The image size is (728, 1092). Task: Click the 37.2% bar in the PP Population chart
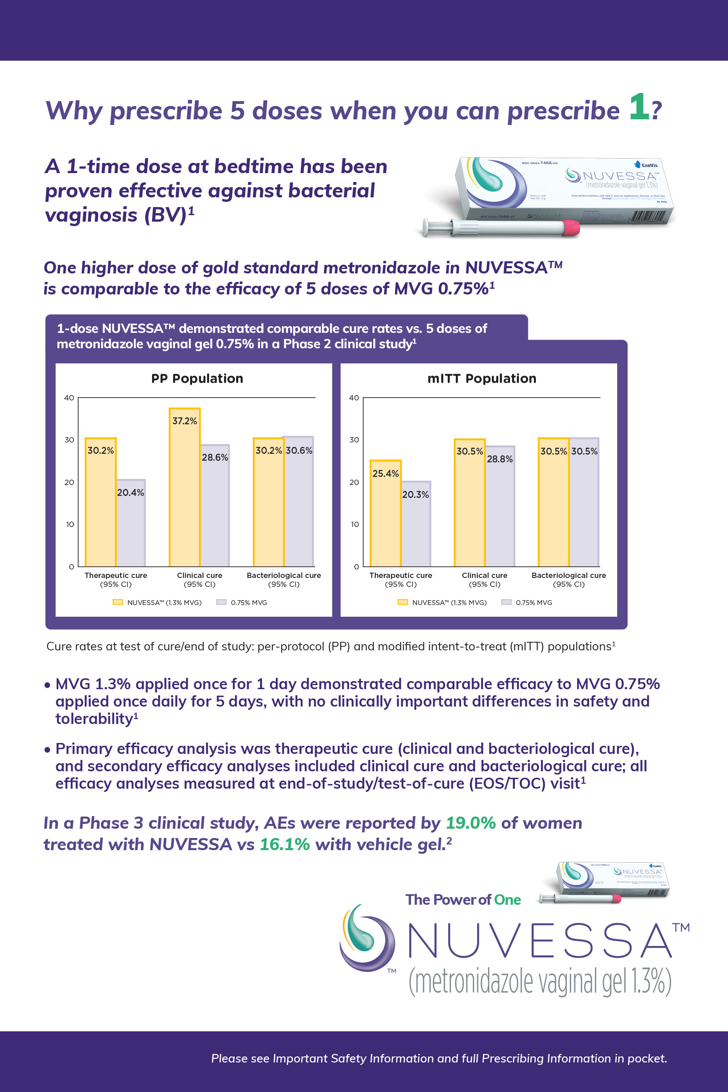(185, 487)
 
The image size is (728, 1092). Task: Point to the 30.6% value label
(299, 451)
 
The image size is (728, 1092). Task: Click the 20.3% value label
(415, 495)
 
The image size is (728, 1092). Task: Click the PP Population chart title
(197, 379)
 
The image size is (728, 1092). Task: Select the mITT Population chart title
(482, 379)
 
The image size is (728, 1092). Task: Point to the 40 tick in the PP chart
(69, 398)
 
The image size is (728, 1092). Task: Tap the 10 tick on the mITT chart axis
(354, 524)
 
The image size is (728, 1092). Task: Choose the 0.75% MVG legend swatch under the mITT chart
(506, 602)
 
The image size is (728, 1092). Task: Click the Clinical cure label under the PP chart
(200, 575)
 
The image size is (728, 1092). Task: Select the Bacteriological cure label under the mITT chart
(569, 575)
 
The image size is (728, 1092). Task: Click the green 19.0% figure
(470, 823)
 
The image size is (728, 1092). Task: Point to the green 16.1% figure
(285, 844)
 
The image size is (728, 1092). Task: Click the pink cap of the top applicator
(571, 227)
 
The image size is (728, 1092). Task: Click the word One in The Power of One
(507, 900)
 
